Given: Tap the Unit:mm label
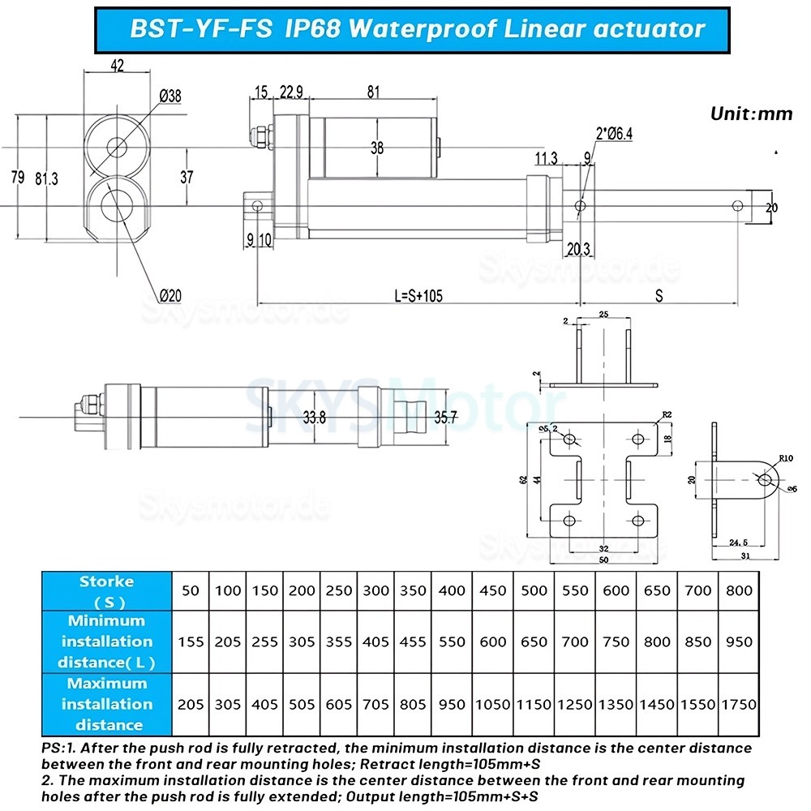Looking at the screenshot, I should pos(751,114).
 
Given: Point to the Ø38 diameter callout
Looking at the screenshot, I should pos(170,97).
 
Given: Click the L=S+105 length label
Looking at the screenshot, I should pos(418,297).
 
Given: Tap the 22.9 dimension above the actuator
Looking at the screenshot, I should pos(291,92).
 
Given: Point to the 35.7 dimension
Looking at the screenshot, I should pos(446,418).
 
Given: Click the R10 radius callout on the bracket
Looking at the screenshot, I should pos(785,458).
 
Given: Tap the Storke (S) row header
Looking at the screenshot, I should pos(106,591).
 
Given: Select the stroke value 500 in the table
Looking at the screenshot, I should pos(534,590).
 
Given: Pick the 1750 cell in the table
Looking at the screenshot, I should pos(738,705).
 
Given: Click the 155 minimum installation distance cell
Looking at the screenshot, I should pos(191,642).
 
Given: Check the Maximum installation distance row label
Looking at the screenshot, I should pos(106,704).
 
